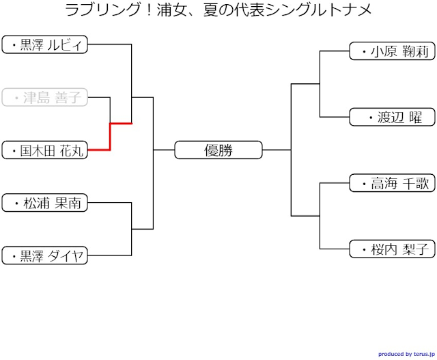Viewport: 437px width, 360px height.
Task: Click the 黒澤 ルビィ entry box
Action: tap(45, 45)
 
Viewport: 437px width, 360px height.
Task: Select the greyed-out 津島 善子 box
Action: tap(45, 98)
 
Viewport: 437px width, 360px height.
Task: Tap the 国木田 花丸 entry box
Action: tap(45, 150)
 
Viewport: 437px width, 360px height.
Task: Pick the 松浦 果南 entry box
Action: tap(45, 203)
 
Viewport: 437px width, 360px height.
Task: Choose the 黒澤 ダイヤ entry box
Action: tap(45, 255)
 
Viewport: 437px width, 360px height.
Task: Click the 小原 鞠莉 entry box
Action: tap(392, 51)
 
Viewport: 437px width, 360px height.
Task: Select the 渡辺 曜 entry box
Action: tap(392, 117)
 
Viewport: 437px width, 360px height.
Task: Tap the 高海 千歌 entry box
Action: tap(392, 183)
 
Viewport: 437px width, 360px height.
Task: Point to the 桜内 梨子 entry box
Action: tap(392, 249)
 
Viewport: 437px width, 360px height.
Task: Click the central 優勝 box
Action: tap(218, 150)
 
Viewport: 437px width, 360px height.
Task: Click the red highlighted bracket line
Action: tap(110, 136)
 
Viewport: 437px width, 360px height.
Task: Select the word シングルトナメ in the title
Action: tap(324, 11)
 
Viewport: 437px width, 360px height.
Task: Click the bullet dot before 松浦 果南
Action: tap(16, 204)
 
